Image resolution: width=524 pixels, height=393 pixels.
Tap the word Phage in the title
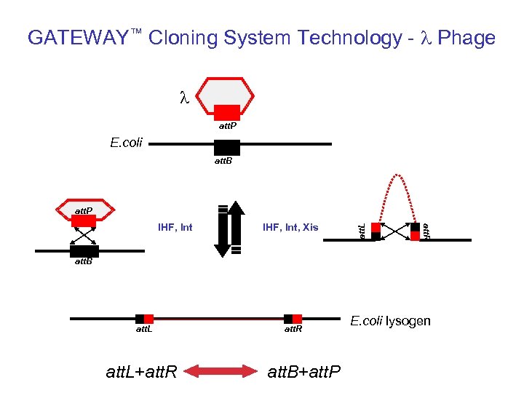click(x=467, y=38)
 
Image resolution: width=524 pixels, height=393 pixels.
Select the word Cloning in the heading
click(x=179, y=38)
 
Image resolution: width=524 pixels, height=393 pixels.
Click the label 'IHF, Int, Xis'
click(x=290, y=228)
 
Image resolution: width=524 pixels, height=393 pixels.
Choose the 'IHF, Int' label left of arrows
click(x=175, y=228)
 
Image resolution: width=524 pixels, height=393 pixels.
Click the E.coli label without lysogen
click(x=127, y=142)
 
